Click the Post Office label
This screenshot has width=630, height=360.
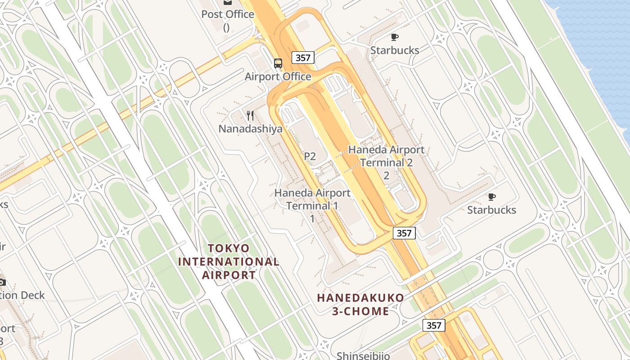pyautogui.click(x=227, y=14)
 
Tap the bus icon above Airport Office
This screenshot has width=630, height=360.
pyautogui.click(x=278, y=63)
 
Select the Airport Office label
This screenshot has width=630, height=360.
pyautogui.click(x=278, y=76)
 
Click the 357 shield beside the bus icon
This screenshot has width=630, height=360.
pyautogui.click(x=303, y=58)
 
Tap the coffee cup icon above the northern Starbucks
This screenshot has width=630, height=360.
pyautogui.click(x=395, y=37)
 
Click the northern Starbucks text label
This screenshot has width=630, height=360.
pyautogui.click(x=395, y=50)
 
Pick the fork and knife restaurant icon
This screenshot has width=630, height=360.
pyautogui.click(x=251, y=116)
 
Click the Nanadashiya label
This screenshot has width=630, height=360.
pyautogui.click(x=251, y=129)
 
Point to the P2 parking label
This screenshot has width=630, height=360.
pyautogui.click(x=310, y=156)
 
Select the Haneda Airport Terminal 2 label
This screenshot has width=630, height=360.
pyautogui.click(x=386, y=156)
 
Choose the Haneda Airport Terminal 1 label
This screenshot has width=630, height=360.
pyautogui.click(x=312, y=199)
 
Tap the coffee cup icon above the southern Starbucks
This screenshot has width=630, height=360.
pyautogui.click(x=491, y=197)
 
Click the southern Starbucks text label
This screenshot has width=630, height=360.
pyautogui.click(x=491, y=210)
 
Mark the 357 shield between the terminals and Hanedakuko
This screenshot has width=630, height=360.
pyautogui.click(x=404, y=233)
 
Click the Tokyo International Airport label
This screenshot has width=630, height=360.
pyautogui.click(x=229, y=261)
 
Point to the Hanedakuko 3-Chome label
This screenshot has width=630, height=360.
pyautogui.click(x=360, y=304)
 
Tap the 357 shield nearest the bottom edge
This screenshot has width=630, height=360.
pyautogui.click(x=434, y=325)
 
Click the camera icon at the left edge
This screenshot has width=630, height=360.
pyautogui.click(x=2, y=282)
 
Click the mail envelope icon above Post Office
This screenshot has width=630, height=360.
pyautogui.click(x=228, y=2)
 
